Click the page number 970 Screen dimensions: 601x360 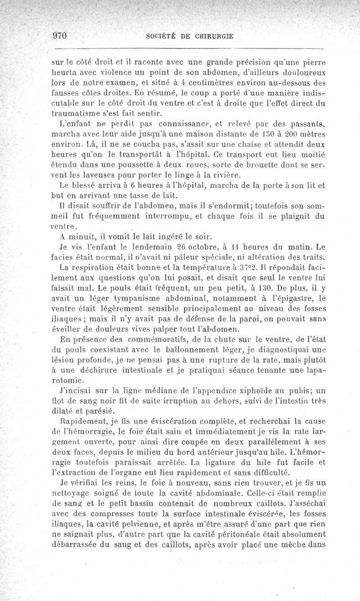tap(59, 37)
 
